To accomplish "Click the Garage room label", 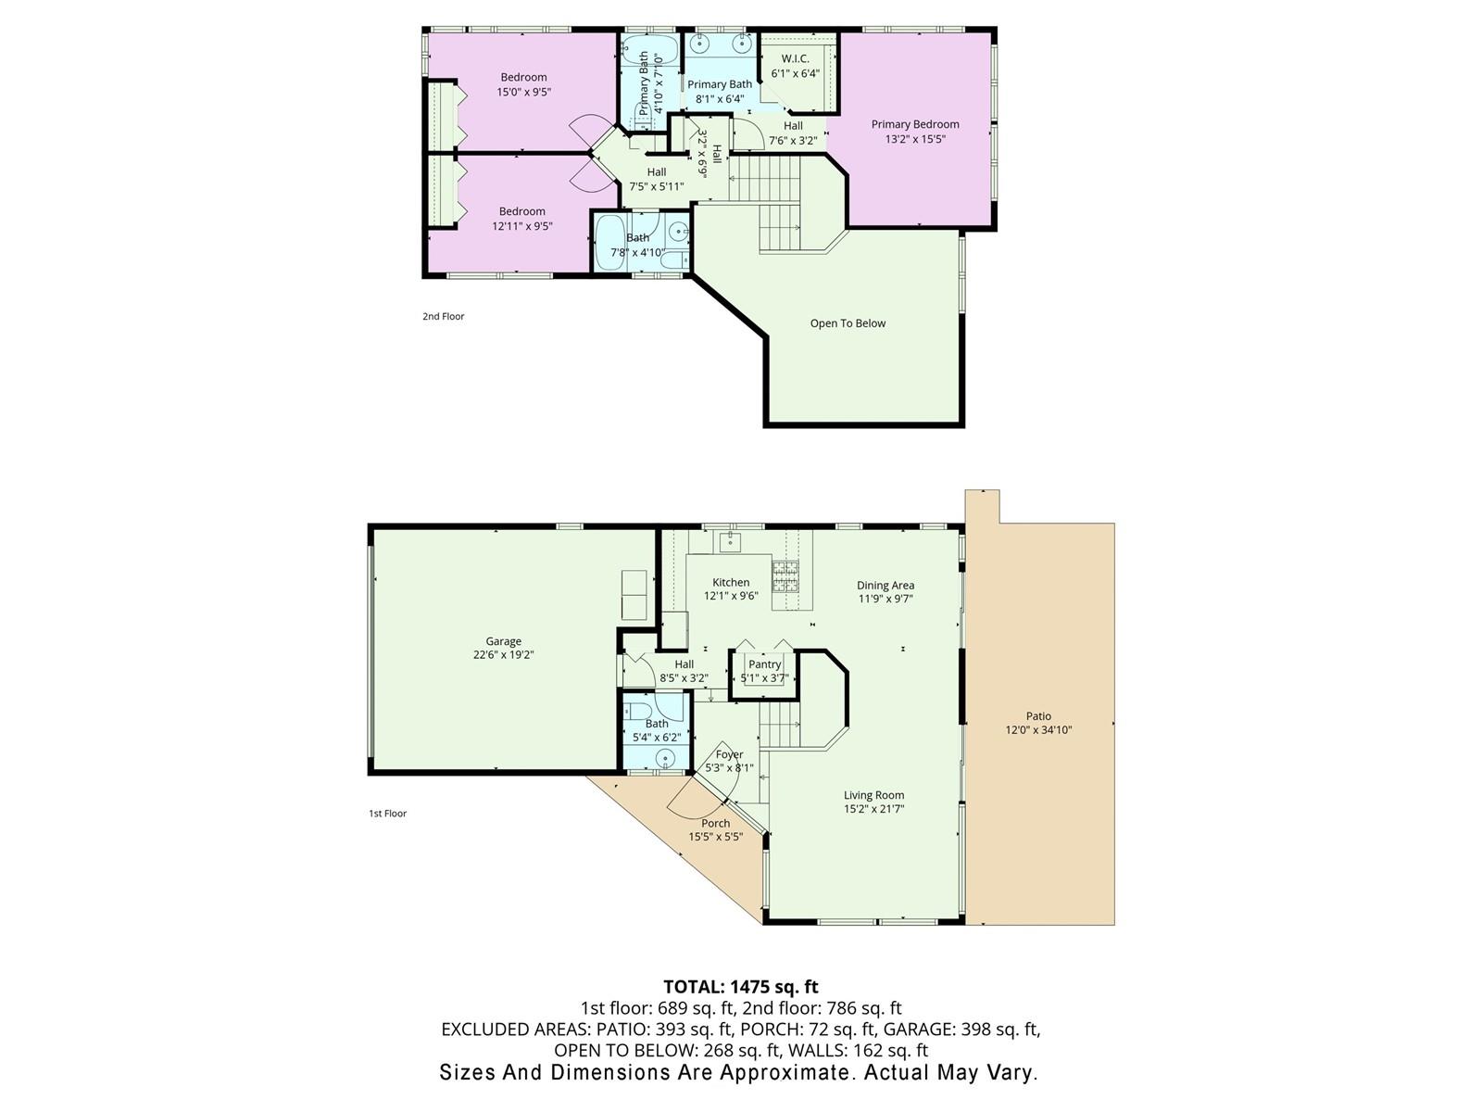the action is tap(503, 641).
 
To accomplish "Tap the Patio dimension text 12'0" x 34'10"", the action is tap(1038, 730).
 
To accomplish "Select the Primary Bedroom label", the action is tap(915, 124).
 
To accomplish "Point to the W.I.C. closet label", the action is tap(796, 58).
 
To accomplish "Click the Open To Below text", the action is tap(848, 323).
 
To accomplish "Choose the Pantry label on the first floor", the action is tap(764, 664).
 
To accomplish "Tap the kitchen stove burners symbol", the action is tap(785, 575).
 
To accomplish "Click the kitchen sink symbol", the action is tap(729, 541).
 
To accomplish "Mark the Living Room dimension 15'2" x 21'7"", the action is tap(873, 809).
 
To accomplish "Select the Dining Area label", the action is tap(885, 586).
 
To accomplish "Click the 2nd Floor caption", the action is tap(444, 316).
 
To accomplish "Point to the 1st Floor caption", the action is tap(387, 814).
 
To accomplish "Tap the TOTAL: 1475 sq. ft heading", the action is tap(741, 987).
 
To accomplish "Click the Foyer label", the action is tap(729, 755).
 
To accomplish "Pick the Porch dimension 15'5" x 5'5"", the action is tap(716, 837).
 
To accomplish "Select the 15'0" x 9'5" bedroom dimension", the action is tap(524, 92).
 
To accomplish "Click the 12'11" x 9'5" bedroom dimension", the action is tap(521, 226).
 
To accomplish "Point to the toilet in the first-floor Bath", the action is tap(638, 712).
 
